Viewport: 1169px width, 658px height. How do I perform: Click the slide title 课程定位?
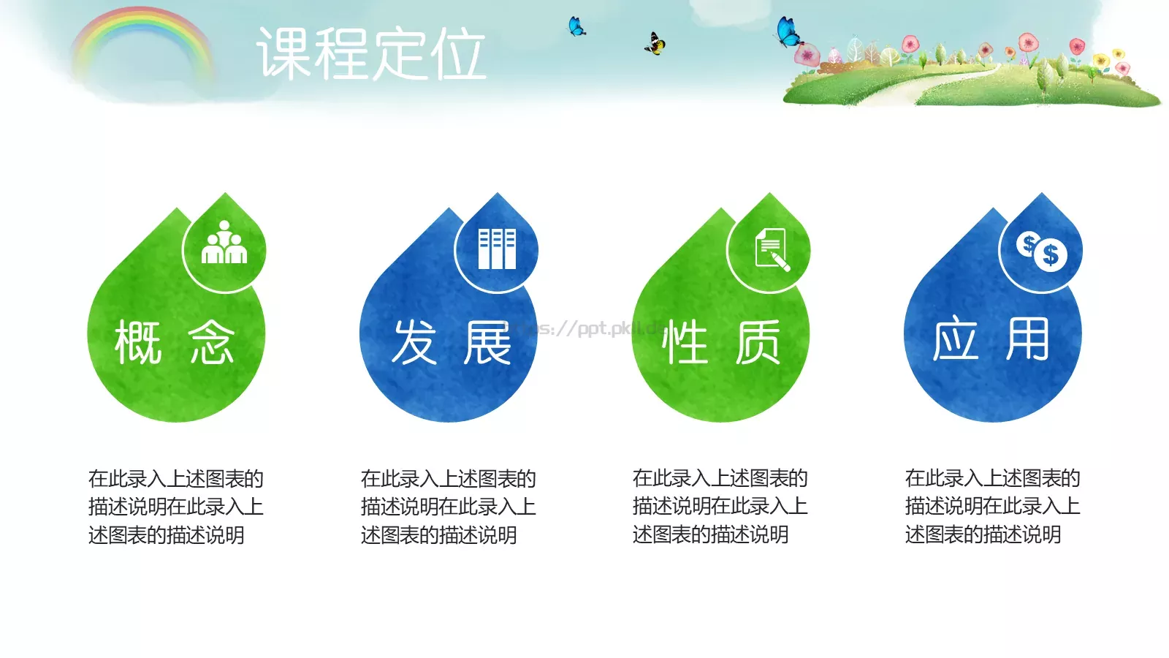[371, 54]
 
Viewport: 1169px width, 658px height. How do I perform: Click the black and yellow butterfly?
[655, 44]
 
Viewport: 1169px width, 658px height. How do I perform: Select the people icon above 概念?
[224, 243]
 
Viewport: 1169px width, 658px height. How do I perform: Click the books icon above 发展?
[497, 249]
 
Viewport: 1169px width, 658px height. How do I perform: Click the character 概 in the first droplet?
[138, 342]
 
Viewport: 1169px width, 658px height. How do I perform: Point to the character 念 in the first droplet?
[211, 342]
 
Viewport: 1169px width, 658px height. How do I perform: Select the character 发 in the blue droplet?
[414, 342]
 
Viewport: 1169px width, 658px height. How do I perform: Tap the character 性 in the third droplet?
[685, 342]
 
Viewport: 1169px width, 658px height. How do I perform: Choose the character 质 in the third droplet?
[758, 342]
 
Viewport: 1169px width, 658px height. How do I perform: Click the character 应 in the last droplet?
[955, 340]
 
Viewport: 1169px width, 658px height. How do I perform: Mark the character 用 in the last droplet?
[1028, 340]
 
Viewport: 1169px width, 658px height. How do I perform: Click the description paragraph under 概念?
[175, 507]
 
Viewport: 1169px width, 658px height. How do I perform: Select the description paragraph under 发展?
[448, 507]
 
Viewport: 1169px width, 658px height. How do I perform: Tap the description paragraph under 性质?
[720, 506]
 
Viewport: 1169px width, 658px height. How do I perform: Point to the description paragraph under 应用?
[992, 506]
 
